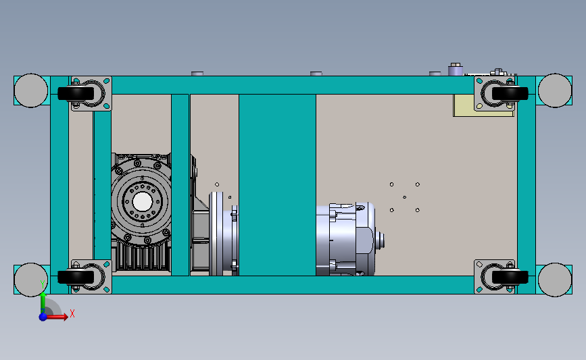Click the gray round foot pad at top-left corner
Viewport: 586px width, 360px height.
point(31,91)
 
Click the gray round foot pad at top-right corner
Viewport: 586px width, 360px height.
point(555,91)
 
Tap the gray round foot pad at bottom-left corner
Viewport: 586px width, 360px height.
point(31,280)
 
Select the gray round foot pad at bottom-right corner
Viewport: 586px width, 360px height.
point(555,280)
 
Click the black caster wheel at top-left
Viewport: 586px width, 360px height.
point(76,93)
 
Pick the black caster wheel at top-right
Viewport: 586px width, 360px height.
point(510,93)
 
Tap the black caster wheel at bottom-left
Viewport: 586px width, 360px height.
point(76,277)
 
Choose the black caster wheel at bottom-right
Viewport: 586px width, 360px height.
point(510,277)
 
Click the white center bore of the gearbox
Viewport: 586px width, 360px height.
point(143,202)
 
